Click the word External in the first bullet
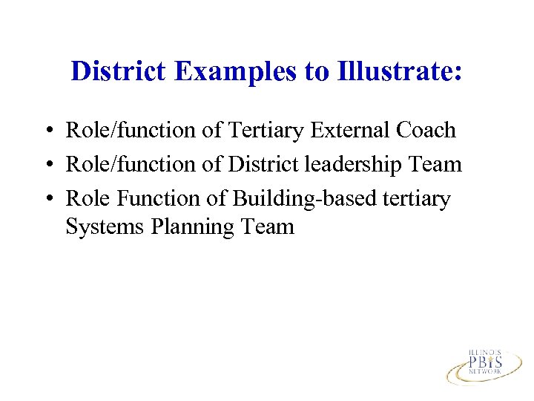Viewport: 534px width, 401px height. pyautogui.click(x=352, y=130)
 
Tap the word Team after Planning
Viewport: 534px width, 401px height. pyautogui.click(x=268, y=226)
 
